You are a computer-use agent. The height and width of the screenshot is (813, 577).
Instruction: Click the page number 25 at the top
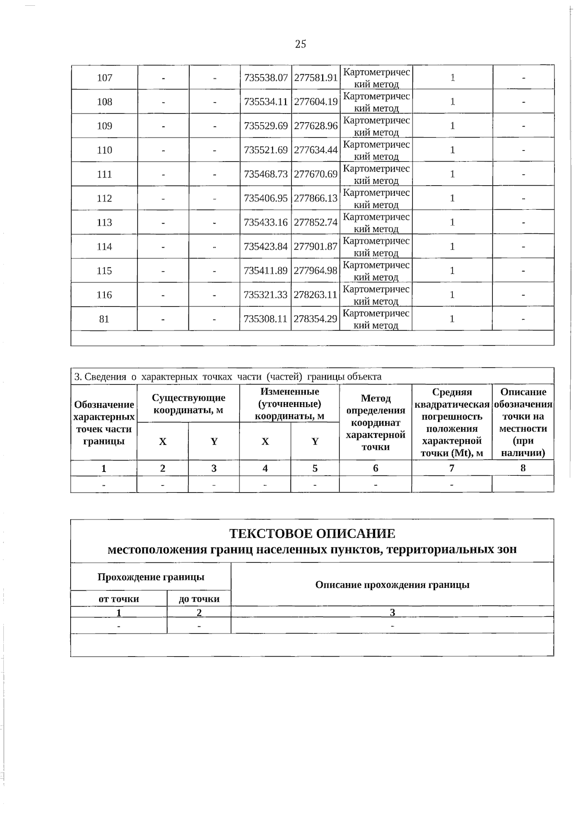pos(300,44)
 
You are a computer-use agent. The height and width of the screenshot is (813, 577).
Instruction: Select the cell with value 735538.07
pos(266,77)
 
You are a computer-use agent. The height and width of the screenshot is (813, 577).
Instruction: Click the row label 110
pos(104,150)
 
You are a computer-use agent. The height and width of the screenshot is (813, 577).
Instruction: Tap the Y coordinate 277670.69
pos(315,174)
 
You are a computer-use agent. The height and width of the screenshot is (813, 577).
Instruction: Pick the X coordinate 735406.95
pos(266,198)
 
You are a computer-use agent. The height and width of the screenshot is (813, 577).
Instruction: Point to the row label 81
pos(104,319)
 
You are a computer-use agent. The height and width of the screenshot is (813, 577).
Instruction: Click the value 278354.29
pos(315,319)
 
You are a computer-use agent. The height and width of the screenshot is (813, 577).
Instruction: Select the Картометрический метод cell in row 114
pos(376,247)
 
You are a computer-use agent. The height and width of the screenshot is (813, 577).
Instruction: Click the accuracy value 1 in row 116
pos(452,295)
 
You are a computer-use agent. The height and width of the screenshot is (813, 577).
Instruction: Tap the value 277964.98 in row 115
pos(315,271)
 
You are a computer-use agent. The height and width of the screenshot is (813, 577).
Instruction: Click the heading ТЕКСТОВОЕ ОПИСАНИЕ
pos(312,534)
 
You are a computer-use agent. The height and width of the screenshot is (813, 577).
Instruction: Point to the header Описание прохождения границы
pos(392,585)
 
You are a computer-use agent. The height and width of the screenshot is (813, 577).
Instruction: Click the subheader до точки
pos(199,599)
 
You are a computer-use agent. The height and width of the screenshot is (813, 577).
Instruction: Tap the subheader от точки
pos(119,599)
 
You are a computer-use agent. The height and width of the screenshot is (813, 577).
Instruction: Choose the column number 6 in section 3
pos(376,468)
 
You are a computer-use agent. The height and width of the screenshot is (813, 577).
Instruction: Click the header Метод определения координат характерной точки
pos(376,422)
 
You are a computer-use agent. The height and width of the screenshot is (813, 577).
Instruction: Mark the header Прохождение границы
pos(151,577)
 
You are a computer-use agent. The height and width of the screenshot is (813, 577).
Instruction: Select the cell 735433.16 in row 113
pos(266,223)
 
